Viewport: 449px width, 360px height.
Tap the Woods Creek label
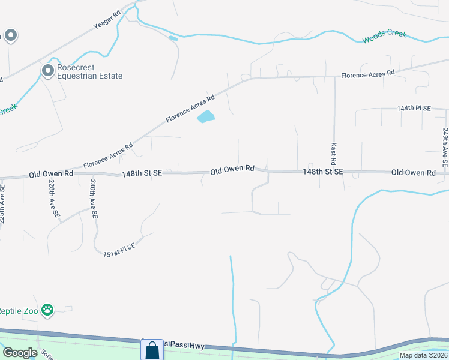[x=384, y=38]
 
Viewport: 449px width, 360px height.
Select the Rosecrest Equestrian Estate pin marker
[x=47, y=71]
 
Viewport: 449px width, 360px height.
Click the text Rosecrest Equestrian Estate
[x=89, y=72]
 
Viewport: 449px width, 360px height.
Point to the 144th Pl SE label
[x=414, y=109]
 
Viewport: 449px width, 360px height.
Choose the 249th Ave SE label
[x=445, y=147]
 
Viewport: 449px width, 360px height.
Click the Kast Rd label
[x=333, y=154]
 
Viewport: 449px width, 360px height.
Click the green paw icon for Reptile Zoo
[x=47, y=310]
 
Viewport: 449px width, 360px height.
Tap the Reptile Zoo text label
[x=18, y=310]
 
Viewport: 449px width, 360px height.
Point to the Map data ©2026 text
[x=423, y=355]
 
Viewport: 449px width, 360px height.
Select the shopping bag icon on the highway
[x=152, y=350]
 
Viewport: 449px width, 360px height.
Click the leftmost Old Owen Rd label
[x=51, y=174]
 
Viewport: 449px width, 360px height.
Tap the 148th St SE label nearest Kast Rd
[x=322, y=172]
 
